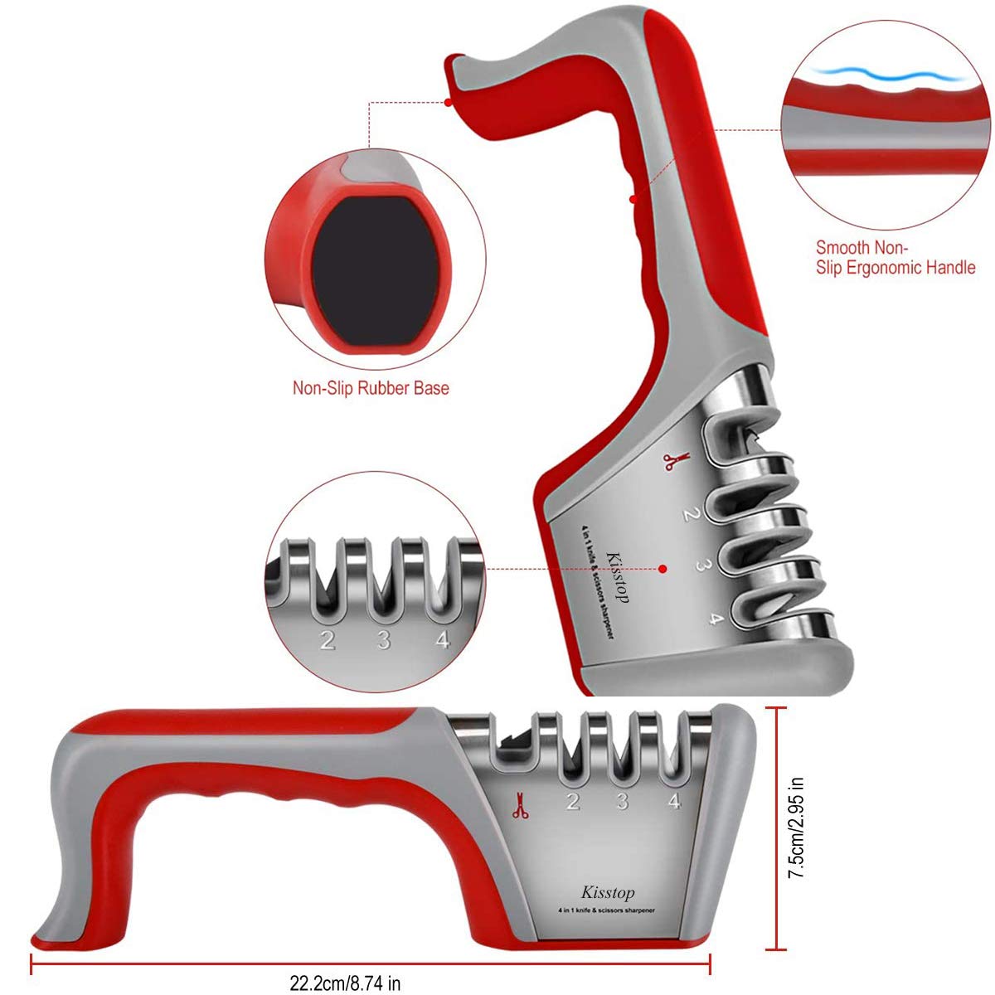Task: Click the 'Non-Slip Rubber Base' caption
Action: [371, 388]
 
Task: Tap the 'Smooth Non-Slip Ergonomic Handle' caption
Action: [895, 258]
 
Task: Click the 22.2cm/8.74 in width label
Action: [345, 983]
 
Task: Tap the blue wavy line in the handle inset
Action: [887, 76]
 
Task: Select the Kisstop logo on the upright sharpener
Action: [618, 578]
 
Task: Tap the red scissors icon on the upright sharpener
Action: [677, 460]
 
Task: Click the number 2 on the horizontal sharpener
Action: [573, 801]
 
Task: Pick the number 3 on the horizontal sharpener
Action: [623, 801]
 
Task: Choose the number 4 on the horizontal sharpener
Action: [674, 800]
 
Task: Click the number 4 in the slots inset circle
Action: [443, 640]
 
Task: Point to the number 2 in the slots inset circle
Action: [328, 641]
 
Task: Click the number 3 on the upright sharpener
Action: [701, 565]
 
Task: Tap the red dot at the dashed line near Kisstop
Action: [663, 569]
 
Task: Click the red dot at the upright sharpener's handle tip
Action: [449, 102]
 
